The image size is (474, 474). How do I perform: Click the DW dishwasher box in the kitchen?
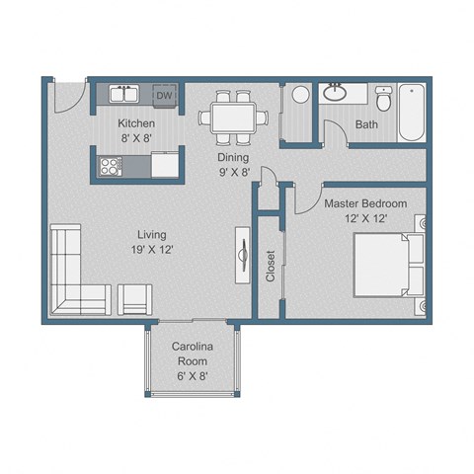[165, 96]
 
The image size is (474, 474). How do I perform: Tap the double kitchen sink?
[124, 96]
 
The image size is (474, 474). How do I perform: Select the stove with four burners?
[110, 166]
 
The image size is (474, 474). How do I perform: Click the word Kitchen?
[136, 123]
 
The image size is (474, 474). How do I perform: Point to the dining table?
[234, 117]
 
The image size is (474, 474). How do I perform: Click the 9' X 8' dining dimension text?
[234, 172]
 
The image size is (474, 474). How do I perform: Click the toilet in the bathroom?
[385, 99]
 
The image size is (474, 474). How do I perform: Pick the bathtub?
[413, 113]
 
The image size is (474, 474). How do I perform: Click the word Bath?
[366, 125]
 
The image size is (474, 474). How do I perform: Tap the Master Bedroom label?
[365, 202]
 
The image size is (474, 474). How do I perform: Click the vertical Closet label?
[271, 265]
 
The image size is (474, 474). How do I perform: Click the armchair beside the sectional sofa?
[135, 298]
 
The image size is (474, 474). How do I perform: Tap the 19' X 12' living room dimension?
[152, 251]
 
